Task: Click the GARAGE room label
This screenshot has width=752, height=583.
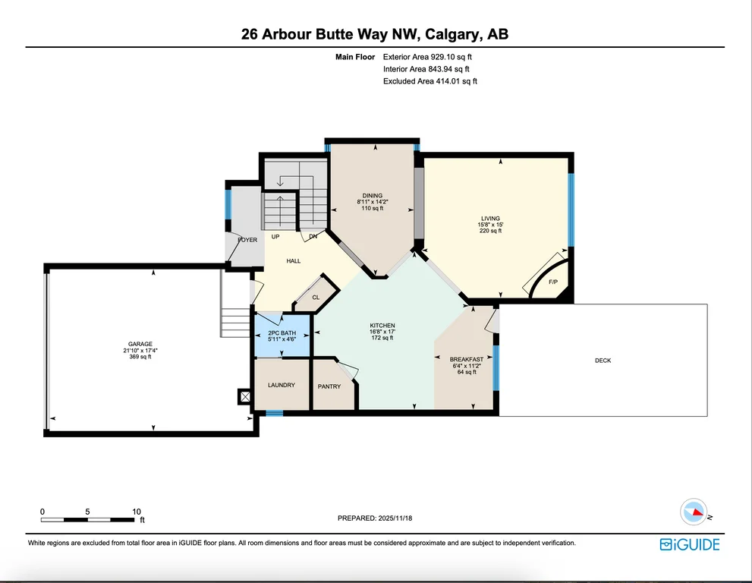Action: point(140,344)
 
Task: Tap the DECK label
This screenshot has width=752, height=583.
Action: point(603,361)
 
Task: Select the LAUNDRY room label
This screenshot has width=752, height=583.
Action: point(282,385)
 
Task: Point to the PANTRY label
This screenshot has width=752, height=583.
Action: point(329,386)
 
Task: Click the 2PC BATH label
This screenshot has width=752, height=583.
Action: point(282,333)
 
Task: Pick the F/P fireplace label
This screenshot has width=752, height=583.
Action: point(553,282)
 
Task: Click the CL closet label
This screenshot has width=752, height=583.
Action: point(316,298)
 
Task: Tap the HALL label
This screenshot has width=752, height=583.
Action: point(294,261)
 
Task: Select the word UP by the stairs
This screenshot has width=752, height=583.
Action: point(275,237)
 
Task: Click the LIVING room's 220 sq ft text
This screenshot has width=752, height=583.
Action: point(490,231)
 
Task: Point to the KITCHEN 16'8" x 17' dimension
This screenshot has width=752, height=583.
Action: point(382,332)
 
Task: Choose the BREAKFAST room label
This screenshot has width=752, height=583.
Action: point(466,359)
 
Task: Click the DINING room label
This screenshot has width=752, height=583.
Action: point(372,196)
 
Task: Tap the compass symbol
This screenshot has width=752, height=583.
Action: point(694,512)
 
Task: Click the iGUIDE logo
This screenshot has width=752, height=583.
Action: point(690,544)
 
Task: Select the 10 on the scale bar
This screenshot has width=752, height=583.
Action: point(136,512)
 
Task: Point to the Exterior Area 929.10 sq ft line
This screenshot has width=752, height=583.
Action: point(427,57)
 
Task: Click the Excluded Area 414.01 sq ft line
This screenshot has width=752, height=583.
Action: point(430,81)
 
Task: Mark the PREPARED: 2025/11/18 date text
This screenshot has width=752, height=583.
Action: point(375,518)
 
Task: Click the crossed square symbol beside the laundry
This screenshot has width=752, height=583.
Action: point(245,397)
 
